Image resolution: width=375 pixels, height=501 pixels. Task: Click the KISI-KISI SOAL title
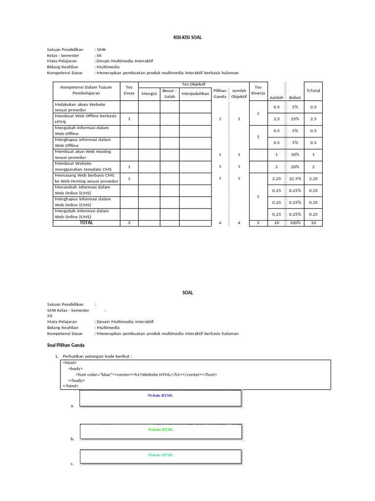point(187,37)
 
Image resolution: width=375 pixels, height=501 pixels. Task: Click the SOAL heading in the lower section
point(187,293)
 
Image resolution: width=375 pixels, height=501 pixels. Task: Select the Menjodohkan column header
point(195,93)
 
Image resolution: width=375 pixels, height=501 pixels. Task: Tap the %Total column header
point(313,90)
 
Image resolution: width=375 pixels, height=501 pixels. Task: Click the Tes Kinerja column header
point(258,90)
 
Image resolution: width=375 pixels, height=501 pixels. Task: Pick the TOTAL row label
point(86,223)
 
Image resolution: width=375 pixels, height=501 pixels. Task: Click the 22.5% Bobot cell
point(295,179)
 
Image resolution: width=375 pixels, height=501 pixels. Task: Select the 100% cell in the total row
point(295,223)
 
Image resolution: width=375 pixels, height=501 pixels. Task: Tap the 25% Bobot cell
point(295,118)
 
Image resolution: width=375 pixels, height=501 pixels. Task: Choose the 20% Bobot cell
point(295,166)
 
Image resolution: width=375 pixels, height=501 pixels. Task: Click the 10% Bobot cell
point(295,155)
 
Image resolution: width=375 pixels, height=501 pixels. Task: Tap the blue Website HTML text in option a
point(160,395)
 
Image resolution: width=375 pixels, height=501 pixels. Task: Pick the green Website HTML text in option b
point(160,430)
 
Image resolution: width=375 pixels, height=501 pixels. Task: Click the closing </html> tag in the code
point(70,386)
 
